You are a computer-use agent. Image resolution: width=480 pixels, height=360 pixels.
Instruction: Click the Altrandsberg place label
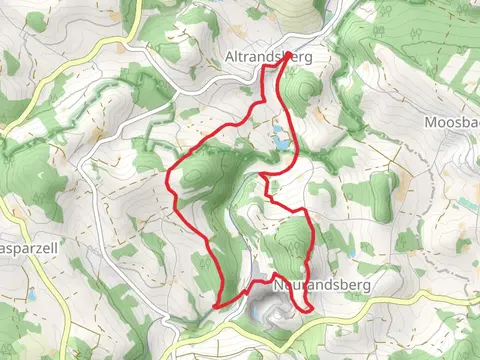click(x=269, y=58)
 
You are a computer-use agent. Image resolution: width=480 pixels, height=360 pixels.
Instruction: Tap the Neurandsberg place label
click(x=321, y=286)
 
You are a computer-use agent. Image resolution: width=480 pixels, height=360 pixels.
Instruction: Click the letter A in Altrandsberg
click(x=232, y=58)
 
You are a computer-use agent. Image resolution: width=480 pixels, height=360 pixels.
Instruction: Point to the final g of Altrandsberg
click(x=308, y=60)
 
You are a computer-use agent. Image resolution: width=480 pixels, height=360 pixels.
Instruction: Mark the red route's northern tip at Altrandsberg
click(x=289, y=54)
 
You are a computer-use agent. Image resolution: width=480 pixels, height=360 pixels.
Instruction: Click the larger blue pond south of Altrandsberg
click(x=282, y=143)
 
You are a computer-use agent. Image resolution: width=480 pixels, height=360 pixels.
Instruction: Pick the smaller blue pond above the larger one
click(x=277, y=129)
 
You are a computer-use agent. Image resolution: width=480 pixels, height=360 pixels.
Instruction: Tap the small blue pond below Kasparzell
click(x=31, y=296)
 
